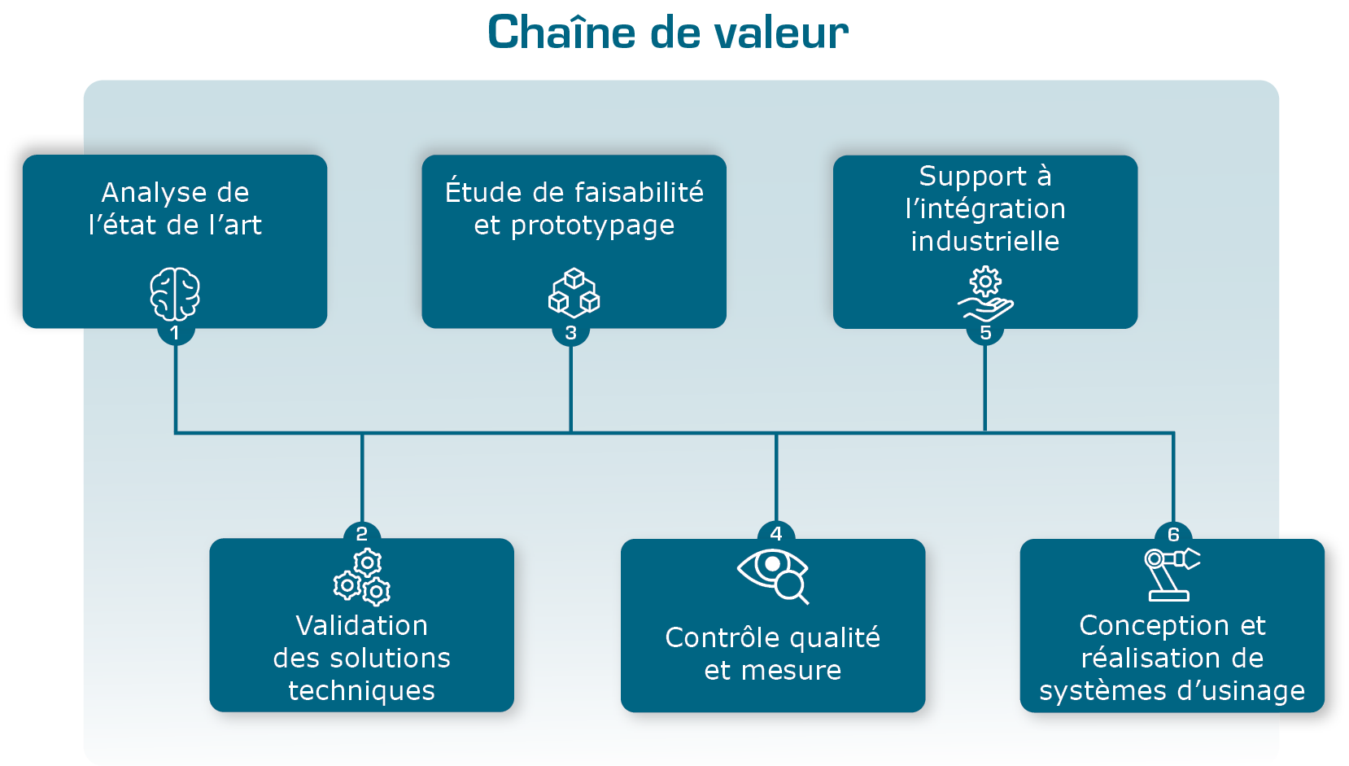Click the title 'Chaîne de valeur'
pos(667,33)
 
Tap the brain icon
pos(175,294)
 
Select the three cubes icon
pos(574,293)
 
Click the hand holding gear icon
pos(985,295)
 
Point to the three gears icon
pos(362,577)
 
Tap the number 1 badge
pos(175,333)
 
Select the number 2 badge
pos(362,534)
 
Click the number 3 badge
pos(570,333)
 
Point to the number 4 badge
pos(776,534)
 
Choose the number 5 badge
pos(985,333)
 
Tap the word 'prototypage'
pos(592,226)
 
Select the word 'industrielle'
pos(984,242)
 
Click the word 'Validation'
pos(361,625)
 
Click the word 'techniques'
pos(361,690)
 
